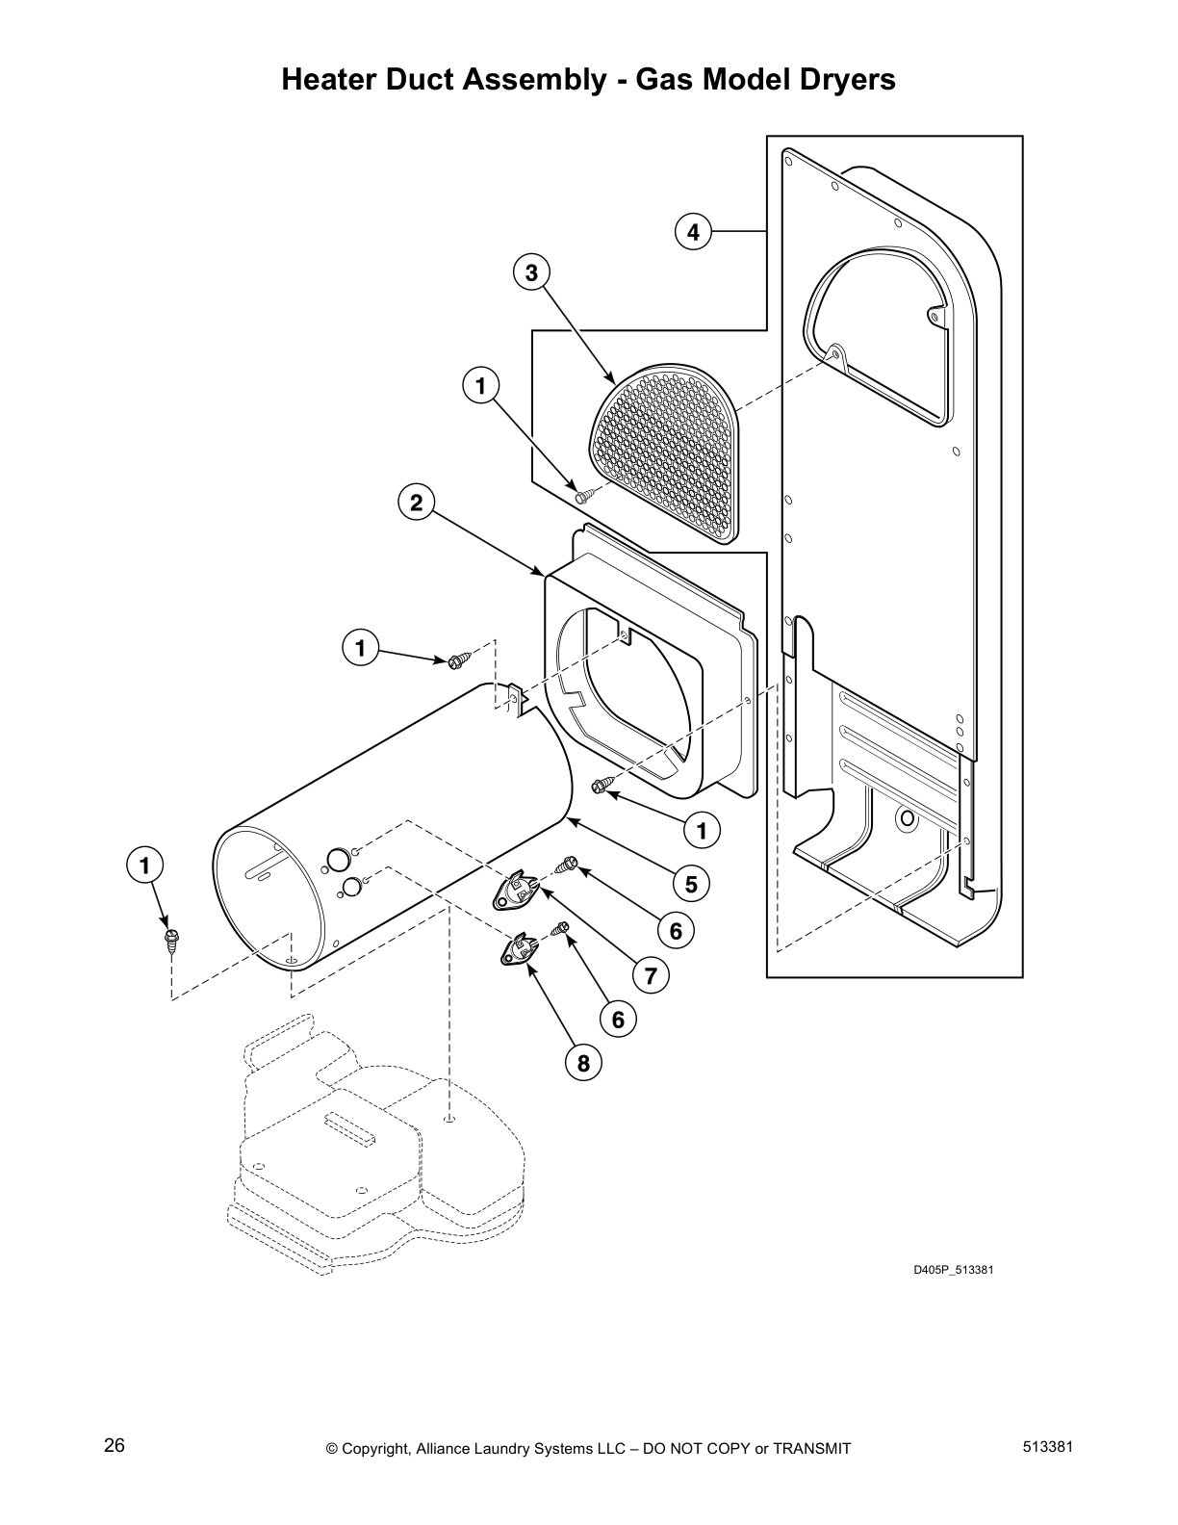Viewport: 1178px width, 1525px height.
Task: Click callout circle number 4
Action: [x=693, y=232]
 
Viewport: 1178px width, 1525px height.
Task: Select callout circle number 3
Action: [x=531, y=272]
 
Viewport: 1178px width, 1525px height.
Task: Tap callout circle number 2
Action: [x=416, y=503]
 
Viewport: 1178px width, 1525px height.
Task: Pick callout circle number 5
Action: [x=691, y=883]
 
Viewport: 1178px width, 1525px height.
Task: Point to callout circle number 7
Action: [x=651, y=976]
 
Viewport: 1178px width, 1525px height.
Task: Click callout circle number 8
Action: [x=583, y=1063]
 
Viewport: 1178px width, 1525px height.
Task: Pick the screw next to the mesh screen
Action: [x=584, y=496]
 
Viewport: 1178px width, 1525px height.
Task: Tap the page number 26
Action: [x=115, y=1447]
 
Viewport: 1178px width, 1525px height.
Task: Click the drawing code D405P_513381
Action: [x=953, y=1270]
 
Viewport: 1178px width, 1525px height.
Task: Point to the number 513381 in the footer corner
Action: [x=1048, y=1447]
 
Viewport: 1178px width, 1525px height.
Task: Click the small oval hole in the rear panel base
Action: [x=905, y=819]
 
